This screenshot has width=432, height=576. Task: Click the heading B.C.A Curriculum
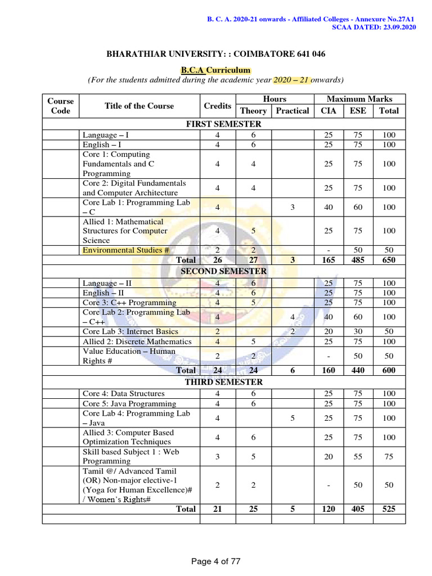pyautogui.click(x=215, y=70)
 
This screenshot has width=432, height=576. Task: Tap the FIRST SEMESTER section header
pyautogui.click(x=223, y=124)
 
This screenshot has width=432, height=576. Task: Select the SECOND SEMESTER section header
pyautogui.click(x=223, y=271)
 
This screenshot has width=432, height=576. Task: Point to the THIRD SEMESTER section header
pyautogui.click(x=223, y=382)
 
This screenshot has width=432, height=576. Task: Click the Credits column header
pyautogui.click(x=218, y=106)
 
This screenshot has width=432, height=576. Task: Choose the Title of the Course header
pyautogui.click(x=139, y=106)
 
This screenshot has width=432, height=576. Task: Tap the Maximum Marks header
pyautogui.click(x=359, y=99)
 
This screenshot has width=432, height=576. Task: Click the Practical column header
pyautogui.click(x=292, y=111)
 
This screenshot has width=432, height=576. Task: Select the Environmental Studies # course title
pyautogui.click(x=126, y=250)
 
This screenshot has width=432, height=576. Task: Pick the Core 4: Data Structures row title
pyautogui.click(x=124, y=394)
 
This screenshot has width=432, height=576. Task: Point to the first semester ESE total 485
pyautogui.click(x=358, y=260)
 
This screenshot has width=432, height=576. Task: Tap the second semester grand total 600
pyautogui.click(x=388, y=370)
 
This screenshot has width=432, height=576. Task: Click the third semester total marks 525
pyautogui.click(x=388, y=508)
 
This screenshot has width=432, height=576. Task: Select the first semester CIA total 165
pyautogui.click(x=328, y=260)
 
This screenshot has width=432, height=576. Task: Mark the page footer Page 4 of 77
pyautogui.click(x=216, y=561)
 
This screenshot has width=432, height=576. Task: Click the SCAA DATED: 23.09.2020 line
pyautogui.click(x=374, y=28)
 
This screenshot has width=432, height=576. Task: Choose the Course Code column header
pyautogui.click(x=61, y=106)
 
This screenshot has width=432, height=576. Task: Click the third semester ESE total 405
pyautogui.click(x=358, y=508)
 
